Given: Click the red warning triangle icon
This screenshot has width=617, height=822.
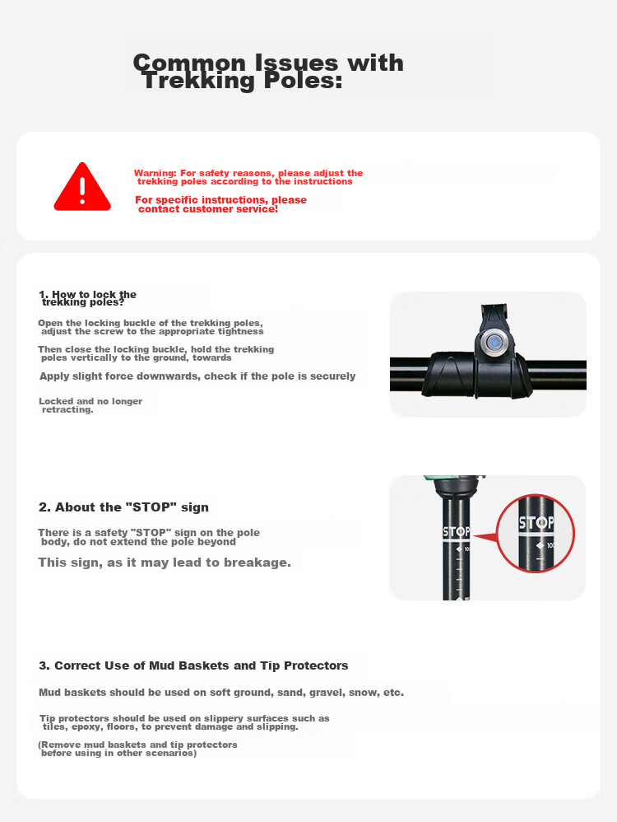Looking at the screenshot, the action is coord(82,187).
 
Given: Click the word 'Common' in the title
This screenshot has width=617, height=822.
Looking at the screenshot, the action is coord(189,63).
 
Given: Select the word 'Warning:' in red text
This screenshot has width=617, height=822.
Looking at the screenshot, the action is coord(155,173).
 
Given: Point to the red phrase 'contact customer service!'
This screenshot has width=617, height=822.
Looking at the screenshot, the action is coord(208,209).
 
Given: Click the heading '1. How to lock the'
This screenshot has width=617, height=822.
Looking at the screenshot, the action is coord(87,294).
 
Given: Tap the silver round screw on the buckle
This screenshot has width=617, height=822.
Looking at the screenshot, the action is coord(494,343).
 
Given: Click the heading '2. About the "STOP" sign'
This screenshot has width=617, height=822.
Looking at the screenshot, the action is coord(123,507).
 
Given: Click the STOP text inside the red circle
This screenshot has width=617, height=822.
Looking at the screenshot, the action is coord(536,523).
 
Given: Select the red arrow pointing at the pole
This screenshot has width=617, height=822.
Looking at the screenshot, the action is coord(485,537).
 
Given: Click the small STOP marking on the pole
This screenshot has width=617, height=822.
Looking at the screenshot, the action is coord(457,532).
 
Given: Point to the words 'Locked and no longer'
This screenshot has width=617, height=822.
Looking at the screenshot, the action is coord(90,401).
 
